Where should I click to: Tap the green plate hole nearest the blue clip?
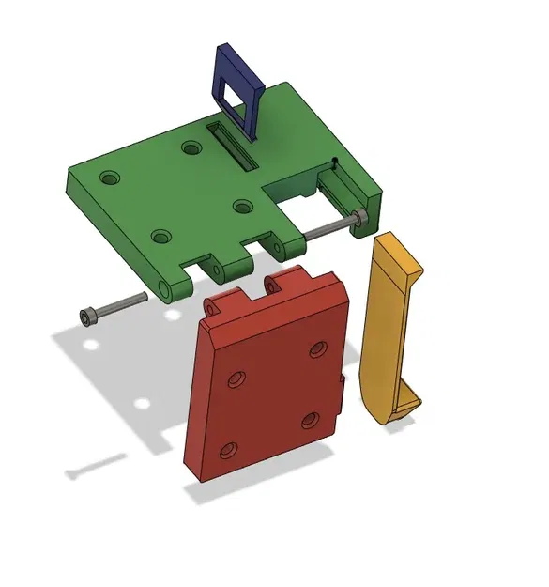pyautogui.click(x=191, y=147)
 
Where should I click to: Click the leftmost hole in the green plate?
pyautogui.click(x=110, y=176)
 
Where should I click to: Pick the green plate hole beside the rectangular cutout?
pyautogui.click(x=242, y=206)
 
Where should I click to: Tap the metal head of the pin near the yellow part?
pyautogui.click(x=358, y=220)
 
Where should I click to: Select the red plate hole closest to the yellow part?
pyautogui.click(x=316, y=349)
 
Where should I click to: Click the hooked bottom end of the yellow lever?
pyautogui.click(x=399, y=406)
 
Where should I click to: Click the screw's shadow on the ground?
pyautogui.click(x=95, y=464)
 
